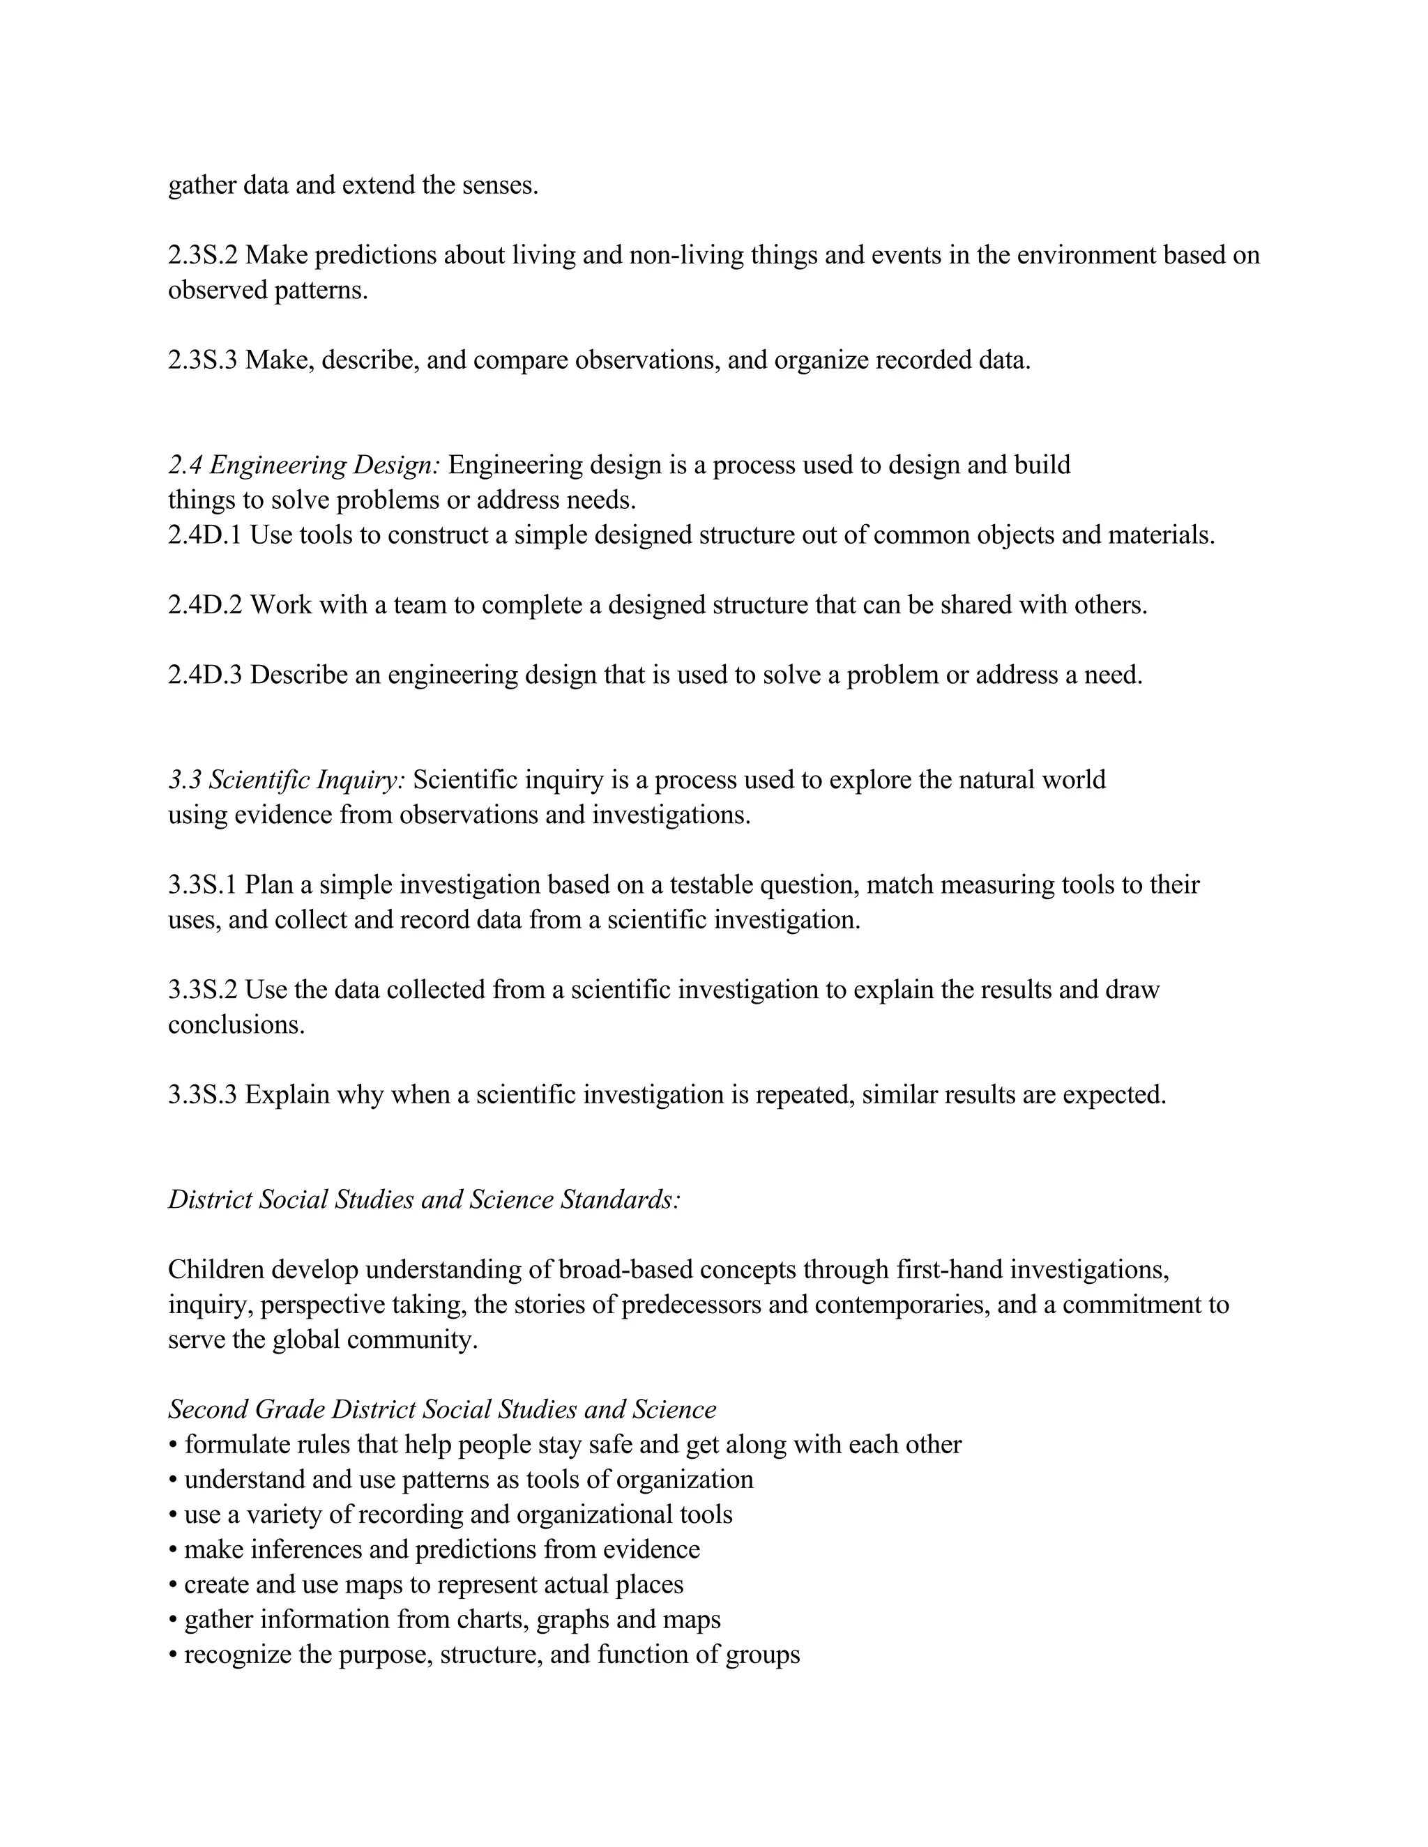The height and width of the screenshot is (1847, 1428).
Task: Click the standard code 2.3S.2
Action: [202, 255]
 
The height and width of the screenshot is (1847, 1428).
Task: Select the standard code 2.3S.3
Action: [202, 360]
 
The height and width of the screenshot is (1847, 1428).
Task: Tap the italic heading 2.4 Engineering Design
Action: [304, 465]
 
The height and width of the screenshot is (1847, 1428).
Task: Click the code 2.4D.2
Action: [205, 606]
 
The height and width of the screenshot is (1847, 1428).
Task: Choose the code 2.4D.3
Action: [205, 675]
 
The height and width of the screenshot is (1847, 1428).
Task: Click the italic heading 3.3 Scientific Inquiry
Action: [287, 780]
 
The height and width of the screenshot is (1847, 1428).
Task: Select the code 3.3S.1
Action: [202, 884]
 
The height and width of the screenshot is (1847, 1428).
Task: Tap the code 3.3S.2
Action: [202, 990]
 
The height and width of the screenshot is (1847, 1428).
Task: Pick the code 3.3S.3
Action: [202, 1095]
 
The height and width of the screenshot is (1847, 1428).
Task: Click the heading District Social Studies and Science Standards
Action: [424, 1200]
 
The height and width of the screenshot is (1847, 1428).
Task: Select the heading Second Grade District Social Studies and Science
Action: [441, 1410]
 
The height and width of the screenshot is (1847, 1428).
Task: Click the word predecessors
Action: [715, 1305]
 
